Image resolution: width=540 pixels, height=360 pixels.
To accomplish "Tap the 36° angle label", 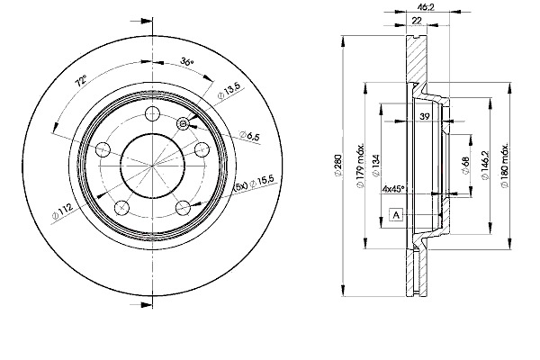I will click(x=186, y=63).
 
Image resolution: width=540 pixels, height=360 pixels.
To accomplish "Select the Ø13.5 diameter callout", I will click(x=229, y=89).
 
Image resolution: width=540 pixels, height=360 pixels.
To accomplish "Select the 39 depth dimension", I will click(x=423, y=115).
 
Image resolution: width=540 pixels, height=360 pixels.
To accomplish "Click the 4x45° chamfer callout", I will click(x=393, y=190).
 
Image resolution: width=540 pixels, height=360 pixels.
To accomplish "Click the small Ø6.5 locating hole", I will click(x=184, y=123).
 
